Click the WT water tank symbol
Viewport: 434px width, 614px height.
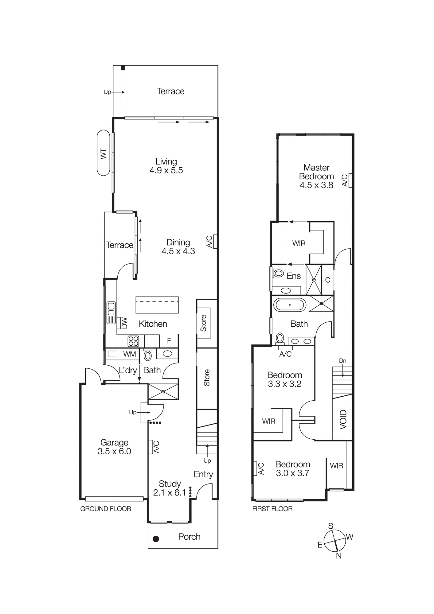pyautogui.click(x=104, y=153)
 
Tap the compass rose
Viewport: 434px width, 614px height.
pyautogui.click(x=335, y=541)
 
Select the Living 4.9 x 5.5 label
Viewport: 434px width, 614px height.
pyautogui.click(x=166, y=166)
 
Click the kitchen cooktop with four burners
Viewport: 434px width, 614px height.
pyautogui.click(x=133, y=341)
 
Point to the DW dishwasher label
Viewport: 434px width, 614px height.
pyautogui.click(x=124, y=323)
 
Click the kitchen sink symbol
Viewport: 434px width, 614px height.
pyautogui.click(x=111, y=313)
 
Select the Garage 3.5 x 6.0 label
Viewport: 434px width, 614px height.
pyautogui.click(x=114, y=447)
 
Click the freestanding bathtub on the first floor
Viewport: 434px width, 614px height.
pyautogui.click(x=290, y=305)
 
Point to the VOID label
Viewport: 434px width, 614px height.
pyautogui.click(x=343, y=419)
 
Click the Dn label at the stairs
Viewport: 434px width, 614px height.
pyautogui.click(x=342, y=361)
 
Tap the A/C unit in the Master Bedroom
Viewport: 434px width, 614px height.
pyautogui.click(x=350, y=180)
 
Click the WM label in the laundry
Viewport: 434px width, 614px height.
pyautogui.click(x=130, y=354)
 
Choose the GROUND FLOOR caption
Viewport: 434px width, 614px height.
pyautogui.click(x=106, y=509)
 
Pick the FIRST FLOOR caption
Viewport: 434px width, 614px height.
pyautogui.click(x=272, y=509)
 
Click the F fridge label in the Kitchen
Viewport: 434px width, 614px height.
pyautogui.click(x=169, y=340)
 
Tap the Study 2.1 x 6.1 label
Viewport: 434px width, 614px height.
pyautogui.click(x=170, y=488)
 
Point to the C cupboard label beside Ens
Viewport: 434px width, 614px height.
pyautogui.click(x=328, y=280)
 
